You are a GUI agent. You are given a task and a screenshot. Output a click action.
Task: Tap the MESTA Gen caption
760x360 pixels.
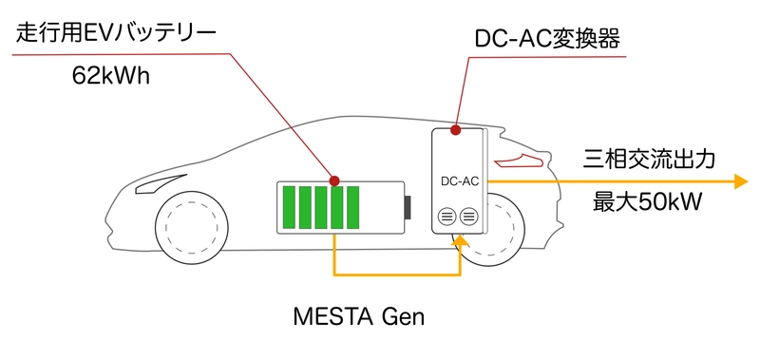click(358, 315)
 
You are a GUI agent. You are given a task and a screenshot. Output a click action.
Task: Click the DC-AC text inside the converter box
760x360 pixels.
click(460, 180)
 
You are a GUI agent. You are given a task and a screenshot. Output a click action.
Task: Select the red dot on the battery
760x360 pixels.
click(334, 180)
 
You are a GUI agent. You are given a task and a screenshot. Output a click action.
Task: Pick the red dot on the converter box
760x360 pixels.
click(457, 129)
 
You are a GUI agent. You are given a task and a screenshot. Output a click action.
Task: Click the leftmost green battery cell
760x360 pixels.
click(288, 208)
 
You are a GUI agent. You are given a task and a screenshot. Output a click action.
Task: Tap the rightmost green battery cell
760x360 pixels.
click(351, 208)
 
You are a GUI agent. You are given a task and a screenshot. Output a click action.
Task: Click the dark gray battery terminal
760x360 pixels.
click(408, 208)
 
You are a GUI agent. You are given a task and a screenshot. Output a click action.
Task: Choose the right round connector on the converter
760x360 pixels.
click(467, 218)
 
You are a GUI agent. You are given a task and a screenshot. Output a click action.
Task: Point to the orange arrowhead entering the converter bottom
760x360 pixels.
click(461, 243)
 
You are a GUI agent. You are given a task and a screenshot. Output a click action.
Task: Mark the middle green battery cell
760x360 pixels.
click(320, 208)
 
